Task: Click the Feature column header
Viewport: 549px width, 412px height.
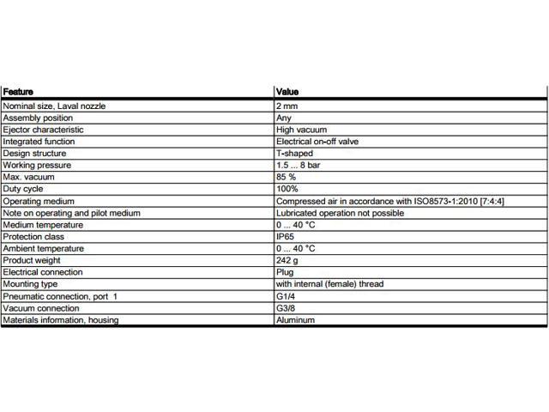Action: [x=18, y=91]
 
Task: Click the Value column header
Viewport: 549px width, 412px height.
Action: [x=287, y=91]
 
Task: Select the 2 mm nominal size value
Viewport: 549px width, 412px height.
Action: [x=287, y=106]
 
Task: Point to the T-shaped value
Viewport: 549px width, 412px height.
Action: [x=294, y=154]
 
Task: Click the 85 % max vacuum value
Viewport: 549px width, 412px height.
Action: [x=287, y=177]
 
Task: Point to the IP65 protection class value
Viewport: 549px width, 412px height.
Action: [x=285, y=236]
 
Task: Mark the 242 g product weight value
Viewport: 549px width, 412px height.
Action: [x=287, y=260]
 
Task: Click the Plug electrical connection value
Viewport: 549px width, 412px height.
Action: [x=284, y=272]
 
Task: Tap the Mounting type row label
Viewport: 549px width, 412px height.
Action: [x=30, y=283]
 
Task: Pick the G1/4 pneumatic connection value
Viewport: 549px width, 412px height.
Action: [x=285, y=296]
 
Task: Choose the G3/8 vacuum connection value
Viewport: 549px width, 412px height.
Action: [x=285, y=308]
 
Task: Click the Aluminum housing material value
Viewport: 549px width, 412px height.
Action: [x=295, y=320]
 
